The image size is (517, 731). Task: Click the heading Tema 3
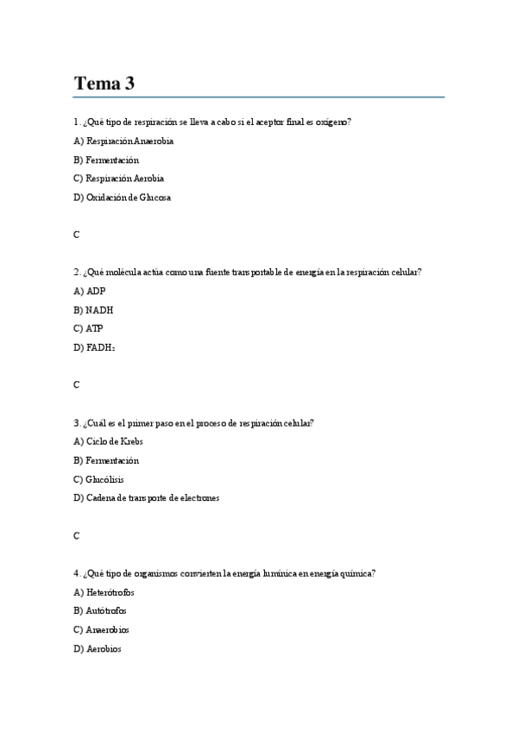coord(104,84)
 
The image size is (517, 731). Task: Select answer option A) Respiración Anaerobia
coord(123,141)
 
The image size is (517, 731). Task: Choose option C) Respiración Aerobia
coord(119,178)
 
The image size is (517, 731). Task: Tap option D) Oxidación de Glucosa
coord(123,197)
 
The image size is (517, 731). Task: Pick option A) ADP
coord(90,291)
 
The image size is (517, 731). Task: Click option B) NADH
coord(93,310)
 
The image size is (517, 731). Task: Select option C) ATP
coord(89,328)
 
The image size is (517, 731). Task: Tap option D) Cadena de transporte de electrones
coord(147,497)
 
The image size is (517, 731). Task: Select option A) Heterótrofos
coord(104,592)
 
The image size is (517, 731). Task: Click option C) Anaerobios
coord(102,629)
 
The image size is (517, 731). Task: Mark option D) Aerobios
coord(98,648)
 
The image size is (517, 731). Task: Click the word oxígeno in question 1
coord(332,122)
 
